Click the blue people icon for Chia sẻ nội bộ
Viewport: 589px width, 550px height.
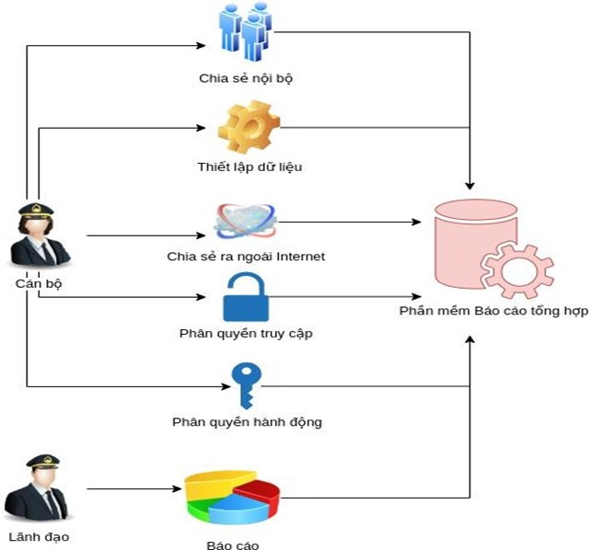coord(246,32)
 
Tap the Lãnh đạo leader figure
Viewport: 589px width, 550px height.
coord(39,487)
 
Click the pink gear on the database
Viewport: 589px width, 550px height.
coord(518,269)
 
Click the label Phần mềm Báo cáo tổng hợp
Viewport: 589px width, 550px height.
coord(492,312)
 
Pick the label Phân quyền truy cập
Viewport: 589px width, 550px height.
coord(246,333)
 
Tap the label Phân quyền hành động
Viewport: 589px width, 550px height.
coord(247,423)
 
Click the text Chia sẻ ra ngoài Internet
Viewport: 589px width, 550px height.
coord(246,257)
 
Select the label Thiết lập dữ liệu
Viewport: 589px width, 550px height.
coord(249,167)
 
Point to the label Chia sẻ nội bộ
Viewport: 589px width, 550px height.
coord(246,78)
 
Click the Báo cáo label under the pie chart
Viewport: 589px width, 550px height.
coord(233,544)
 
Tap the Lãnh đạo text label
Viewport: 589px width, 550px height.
coord(39,537)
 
